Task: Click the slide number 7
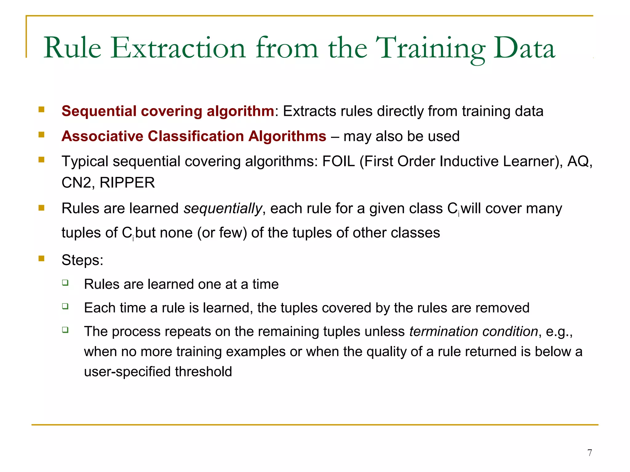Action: pyautogui.click(x=589, y=453)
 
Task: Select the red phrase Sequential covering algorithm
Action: pyautogui.click(x=168, y=111)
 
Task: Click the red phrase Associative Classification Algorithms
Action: pyautogui.click(x=194, y=136)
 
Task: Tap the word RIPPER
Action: pyautogui.click(x=127, y=183)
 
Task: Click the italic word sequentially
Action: pyautogui.click(x=223, y=208)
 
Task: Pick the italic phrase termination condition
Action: pyautogui.click(x=473, y=332)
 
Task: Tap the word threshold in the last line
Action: pyautogui.click(x=203, y=372)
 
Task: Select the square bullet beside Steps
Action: pyautogui.click(x=42, y=258)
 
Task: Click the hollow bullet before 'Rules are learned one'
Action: pyautogui.click(x=65, y=282)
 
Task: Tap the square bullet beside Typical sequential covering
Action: pyautogui.click(x=42, y=159)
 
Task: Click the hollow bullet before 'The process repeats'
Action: pyautogui.click(x=65, y=330)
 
